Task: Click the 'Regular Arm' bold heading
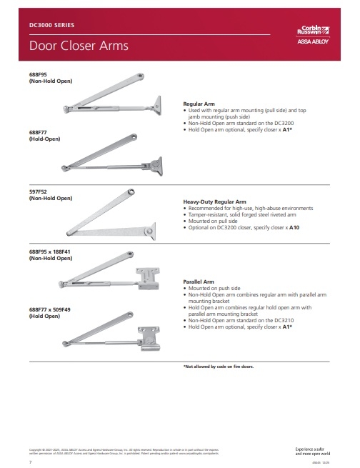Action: pyautogui.click(x=199, y=104)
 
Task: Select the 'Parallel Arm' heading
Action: pyautogui.click(x=199, y=282)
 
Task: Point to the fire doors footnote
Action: pyautogui.click(x=219, y=366)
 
